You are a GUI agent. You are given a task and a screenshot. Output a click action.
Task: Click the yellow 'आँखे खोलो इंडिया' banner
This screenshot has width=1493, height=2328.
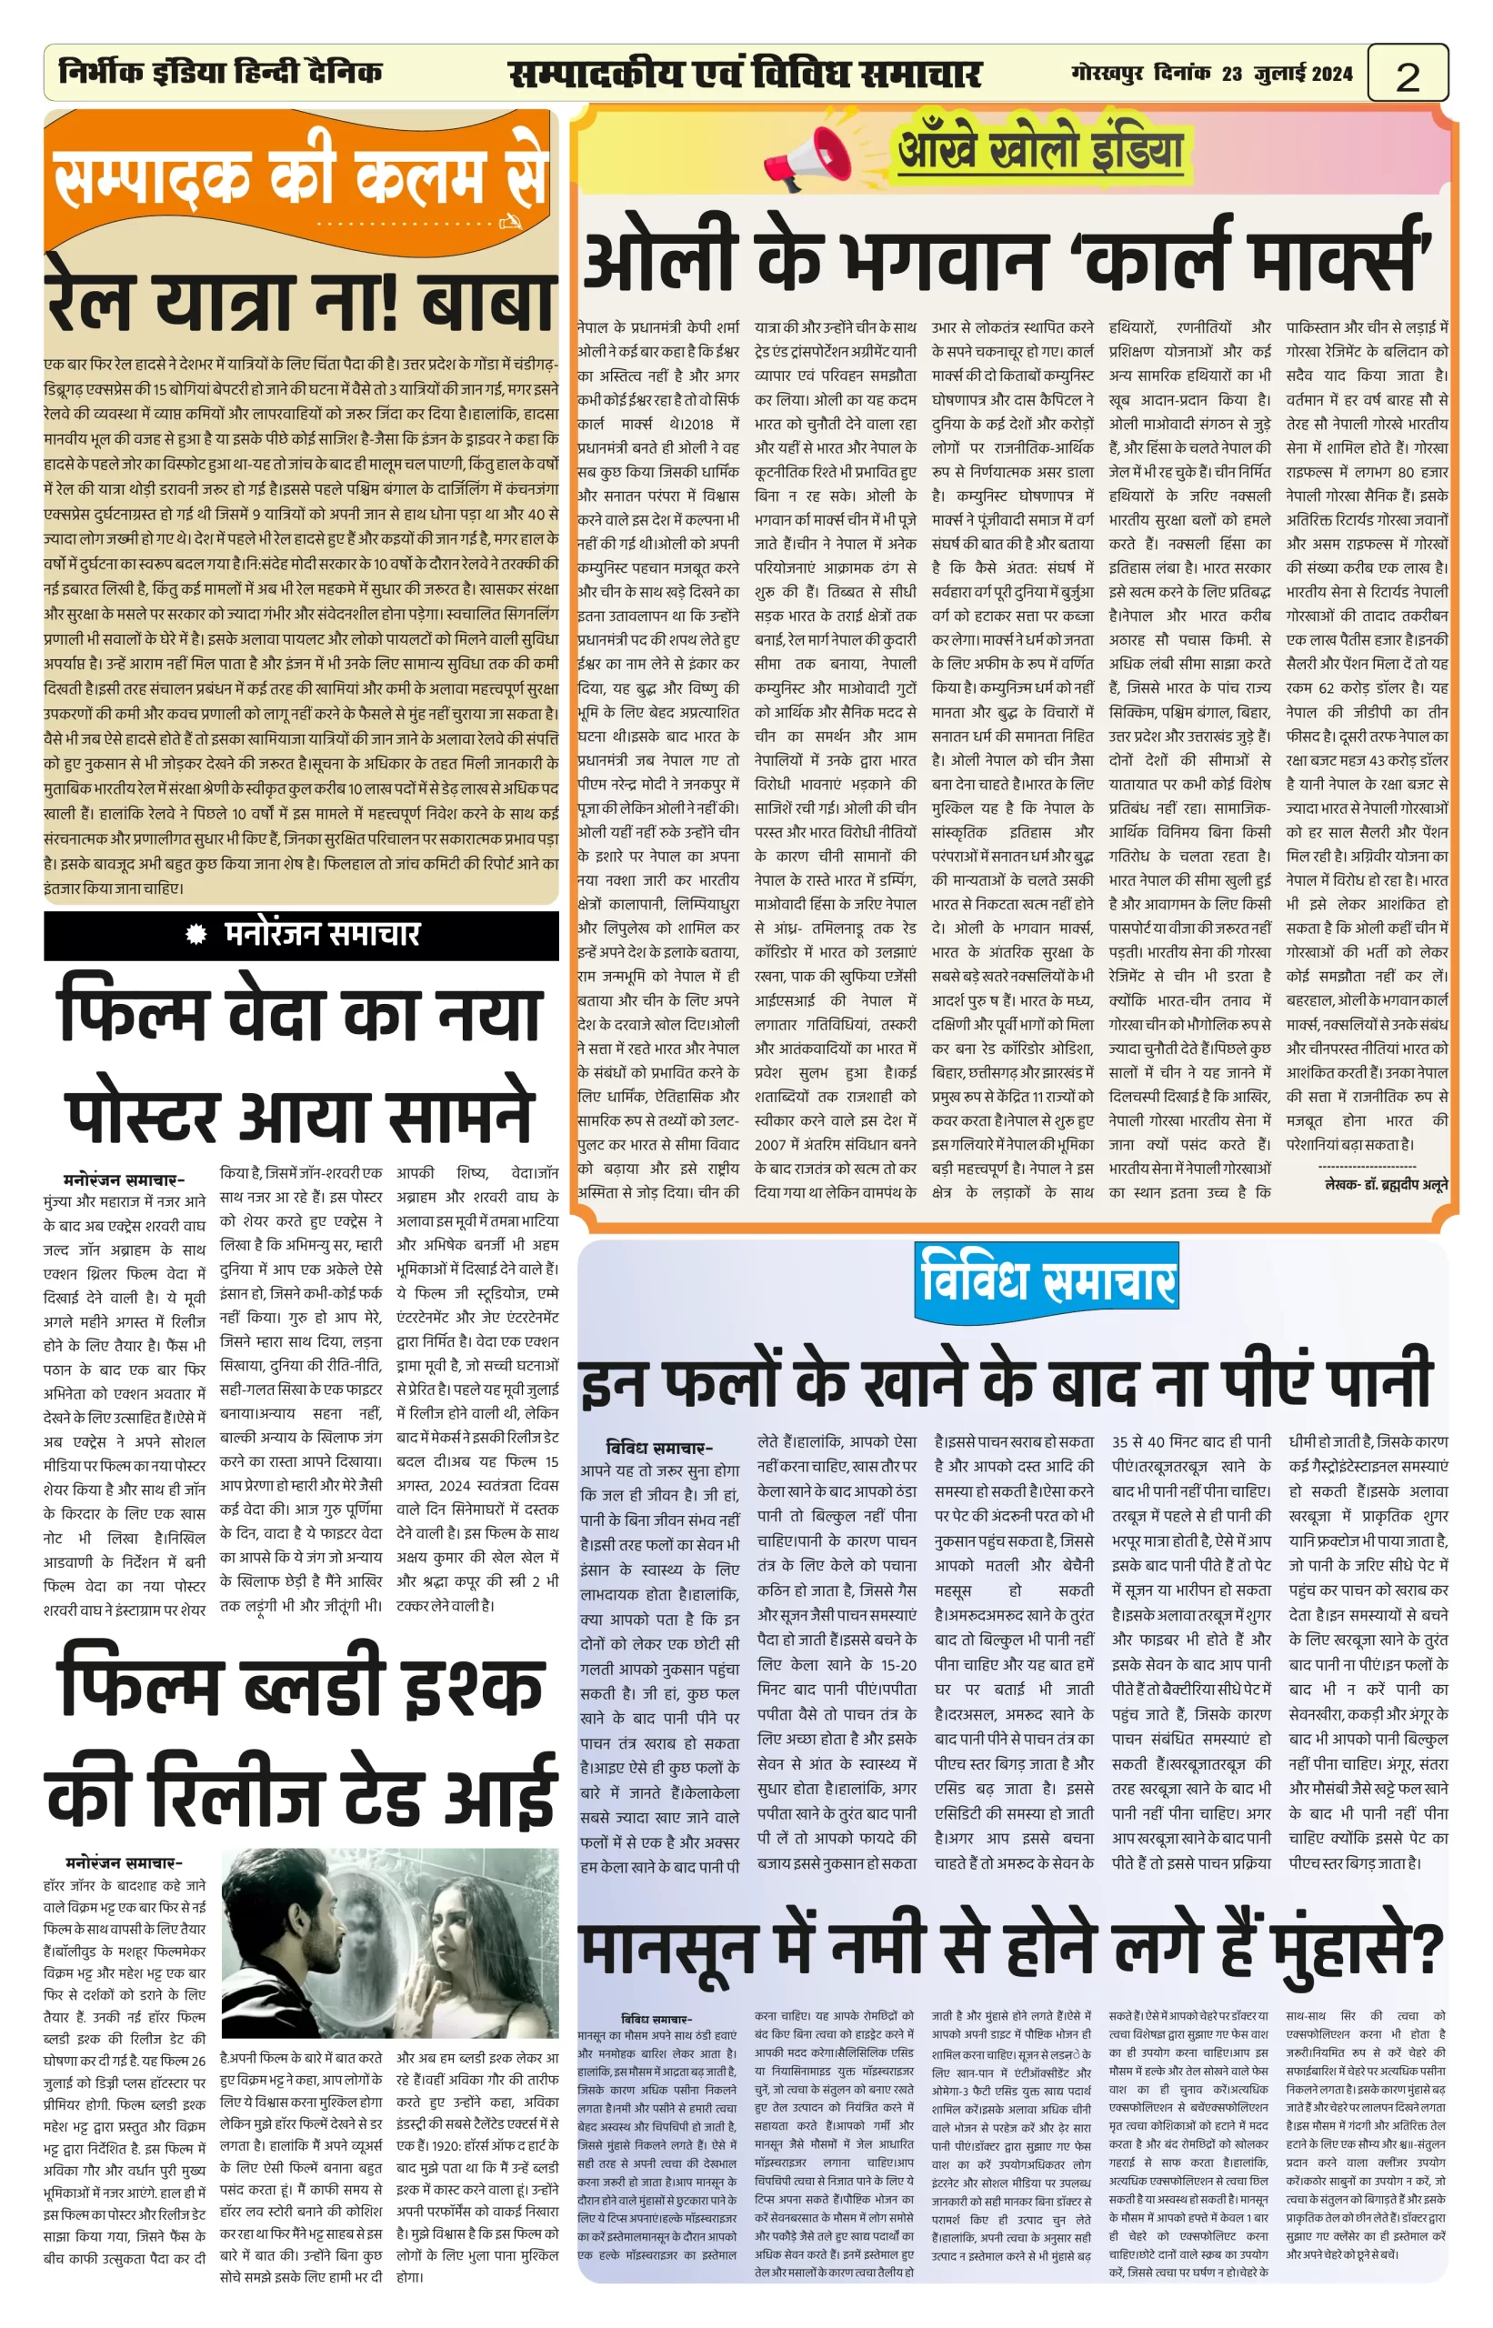point(1039,151)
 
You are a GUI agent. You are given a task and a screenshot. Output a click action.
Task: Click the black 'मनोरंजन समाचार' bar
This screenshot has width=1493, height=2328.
point(302,934)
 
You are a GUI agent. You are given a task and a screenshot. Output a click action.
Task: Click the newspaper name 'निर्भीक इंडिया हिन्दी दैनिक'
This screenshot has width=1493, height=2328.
point(221,72)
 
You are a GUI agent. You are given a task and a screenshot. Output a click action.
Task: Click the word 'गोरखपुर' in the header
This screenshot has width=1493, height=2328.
point(1107,73)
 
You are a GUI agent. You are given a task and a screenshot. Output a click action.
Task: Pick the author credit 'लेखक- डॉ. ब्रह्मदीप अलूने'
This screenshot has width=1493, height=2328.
point(1386,1184)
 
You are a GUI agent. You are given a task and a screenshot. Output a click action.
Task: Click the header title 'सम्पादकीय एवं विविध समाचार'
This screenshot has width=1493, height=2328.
point(745,74)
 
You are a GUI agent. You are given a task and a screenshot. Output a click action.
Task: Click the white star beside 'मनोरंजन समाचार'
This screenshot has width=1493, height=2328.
point(196,934)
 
